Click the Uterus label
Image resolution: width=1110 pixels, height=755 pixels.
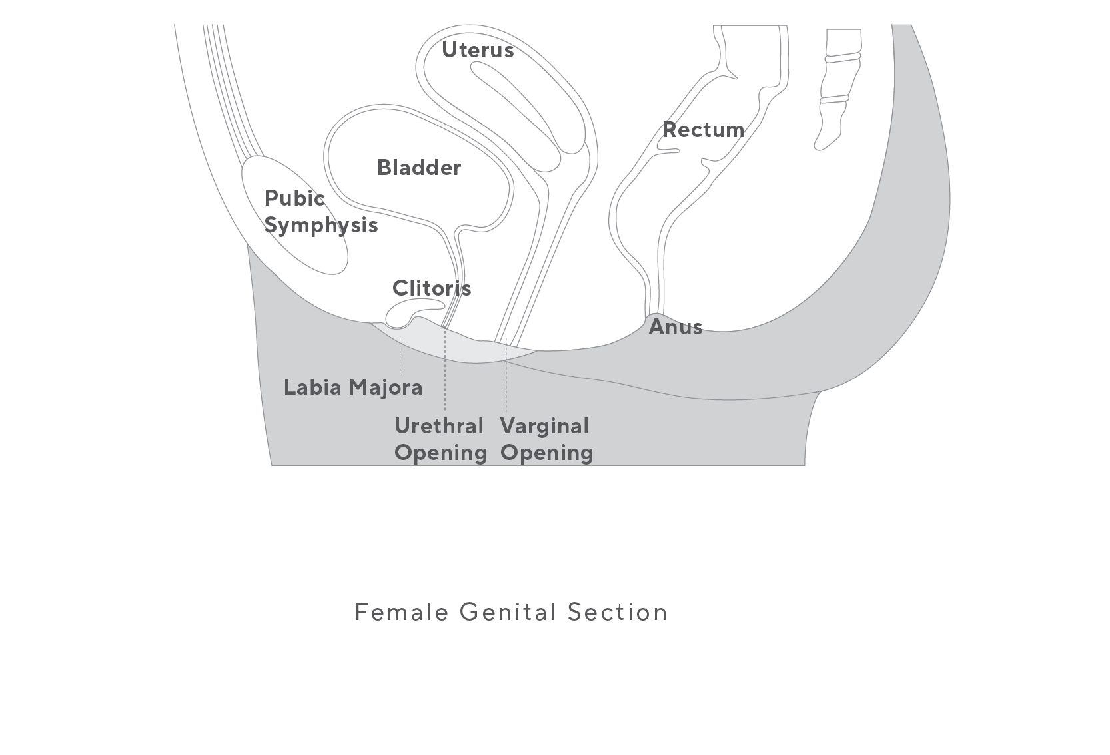pos(478,50)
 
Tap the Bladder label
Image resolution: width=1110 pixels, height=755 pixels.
pos(419,168)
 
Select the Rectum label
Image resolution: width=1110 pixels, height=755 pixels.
pos(703,130)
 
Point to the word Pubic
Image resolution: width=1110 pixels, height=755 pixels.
pos(294,198)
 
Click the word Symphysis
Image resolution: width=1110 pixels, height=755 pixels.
pos(321,225)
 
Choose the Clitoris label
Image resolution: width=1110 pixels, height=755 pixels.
pos(432,288)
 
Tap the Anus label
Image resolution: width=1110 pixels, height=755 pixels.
pos(675,327)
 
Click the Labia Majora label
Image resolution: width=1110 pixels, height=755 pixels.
pos(353,387)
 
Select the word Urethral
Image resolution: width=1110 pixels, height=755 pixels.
pos(439,426)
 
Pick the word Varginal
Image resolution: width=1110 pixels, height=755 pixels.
pos(544,426)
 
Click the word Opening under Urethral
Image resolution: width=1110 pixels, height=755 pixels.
pos(440,453)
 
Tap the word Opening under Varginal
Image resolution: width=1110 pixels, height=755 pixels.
pos(546,453)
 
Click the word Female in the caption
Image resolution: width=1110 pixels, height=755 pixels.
pos(401,612)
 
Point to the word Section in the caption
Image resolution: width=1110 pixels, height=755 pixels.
pos(617,612)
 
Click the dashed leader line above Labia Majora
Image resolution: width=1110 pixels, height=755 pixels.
pos(400,356)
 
